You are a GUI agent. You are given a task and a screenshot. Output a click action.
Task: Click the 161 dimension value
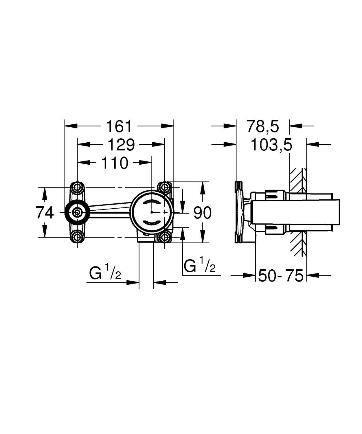point(119,126)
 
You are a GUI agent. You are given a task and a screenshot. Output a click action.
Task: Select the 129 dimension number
point(121,145)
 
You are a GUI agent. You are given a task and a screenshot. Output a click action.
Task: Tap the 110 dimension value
point(115,163)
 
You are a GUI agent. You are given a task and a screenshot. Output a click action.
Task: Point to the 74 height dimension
point(45,213)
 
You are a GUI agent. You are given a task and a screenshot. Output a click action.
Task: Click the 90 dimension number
point(202,213)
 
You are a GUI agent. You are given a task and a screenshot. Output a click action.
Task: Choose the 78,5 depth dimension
point(262,126)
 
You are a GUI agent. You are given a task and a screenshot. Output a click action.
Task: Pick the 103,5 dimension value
point(271,145)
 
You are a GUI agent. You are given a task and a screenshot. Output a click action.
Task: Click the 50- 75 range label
point(280,275)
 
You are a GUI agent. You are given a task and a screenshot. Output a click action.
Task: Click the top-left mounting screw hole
point(77,187)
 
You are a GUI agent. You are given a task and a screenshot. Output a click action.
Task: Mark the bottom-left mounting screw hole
point(77,238)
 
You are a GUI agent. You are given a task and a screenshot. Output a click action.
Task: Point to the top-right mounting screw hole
point(165,187)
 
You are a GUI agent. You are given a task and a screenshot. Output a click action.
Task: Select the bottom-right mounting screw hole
point(165,237)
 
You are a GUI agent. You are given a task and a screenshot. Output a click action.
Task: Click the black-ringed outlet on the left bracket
point(77,213)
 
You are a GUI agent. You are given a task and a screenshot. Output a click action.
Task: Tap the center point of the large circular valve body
point(152,212)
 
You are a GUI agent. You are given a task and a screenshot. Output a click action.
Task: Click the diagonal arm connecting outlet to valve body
point(110,209)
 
